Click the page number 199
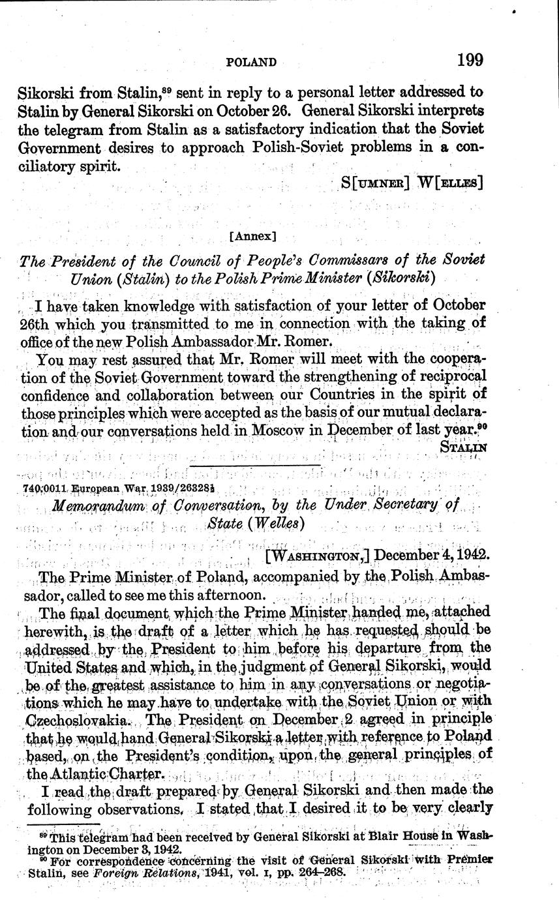470,60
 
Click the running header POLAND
251,62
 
